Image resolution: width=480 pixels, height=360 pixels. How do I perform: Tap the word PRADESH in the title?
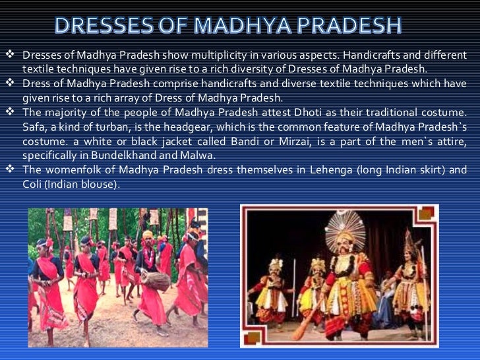(361, 26)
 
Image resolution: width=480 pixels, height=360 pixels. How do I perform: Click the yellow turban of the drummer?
(147, 235)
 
